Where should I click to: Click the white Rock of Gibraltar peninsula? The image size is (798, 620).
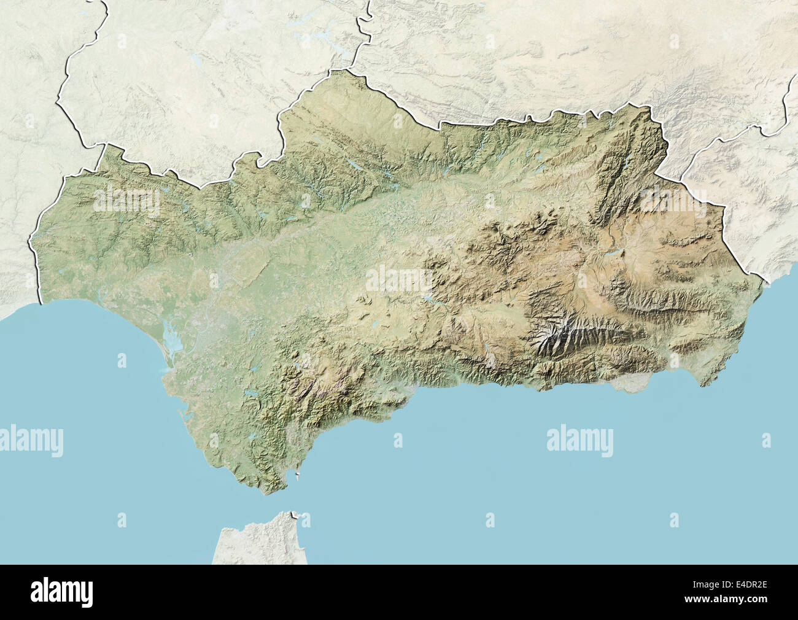pos(298,473)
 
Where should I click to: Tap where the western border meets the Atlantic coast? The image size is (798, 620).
pos(41,301)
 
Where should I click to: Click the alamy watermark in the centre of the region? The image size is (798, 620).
pos(399,279)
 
